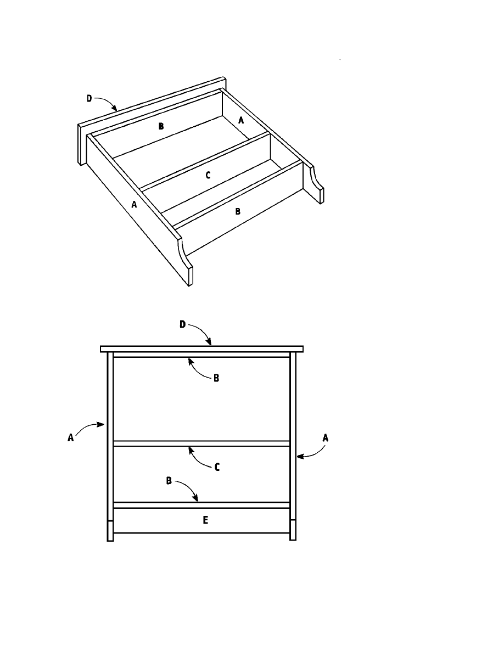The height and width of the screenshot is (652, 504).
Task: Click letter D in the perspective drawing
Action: [x=89, y=99]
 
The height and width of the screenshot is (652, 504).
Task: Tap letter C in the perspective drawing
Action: [x=208, y=176]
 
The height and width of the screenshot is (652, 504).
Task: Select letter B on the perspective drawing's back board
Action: [x=161, y=126]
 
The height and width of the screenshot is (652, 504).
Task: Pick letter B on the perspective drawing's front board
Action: [x=238, y=211]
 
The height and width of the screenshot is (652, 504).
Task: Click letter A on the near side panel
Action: [x=134, y=205]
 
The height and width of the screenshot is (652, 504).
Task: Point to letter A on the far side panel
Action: [x=241, y=120]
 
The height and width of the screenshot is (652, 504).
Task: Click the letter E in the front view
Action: [x=205, y=520]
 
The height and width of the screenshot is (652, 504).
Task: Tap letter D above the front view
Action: [x=183, y=324]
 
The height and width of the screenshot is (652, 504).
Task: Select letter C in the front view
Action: [x=217, y=468]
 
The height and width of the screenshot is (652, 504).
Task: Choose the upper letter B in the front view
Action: [x=216, y=378]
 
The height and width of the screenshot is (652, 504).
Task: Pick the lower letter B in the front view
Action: [x=169, y=481]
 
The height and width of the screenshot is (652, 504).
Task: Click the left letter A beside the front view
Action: [x=71, y=438]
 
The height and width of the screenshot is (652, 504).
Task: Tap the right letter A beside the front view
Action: [x=326, y=438]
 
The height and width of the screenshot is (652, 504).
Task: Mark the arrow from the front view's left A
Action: [x=87, y=426]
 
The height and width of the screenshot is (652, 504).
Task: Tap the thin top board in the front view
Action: [x=201, y=349]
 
